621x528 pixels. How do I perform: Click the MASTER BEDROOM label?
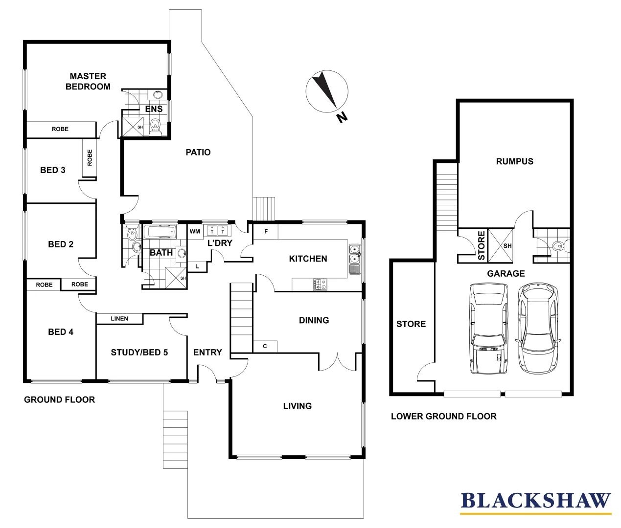click(x=88, y=81)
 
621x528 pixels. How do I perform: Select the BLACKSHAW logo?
click(x=535, y=501)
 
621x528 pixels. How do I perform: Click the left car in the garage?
click(x=488, y=328)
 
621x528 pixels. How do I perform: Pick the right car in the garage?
click(x=538, y=328)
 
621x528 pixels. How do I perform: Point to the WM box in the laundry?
click(x=195, y=231)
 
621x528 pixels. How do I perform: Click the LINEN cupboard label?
click(x=119, y=319)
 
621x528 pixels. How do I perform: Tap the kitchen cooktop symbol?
click(x=320, y=284)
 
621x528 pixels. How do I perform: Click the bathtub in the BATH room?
click(x=159, y=232)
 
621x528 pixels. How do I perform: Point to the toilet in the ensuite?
click(x=156, y=126)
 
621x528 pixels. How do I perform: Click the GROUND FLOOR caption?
click(x=59, y=399)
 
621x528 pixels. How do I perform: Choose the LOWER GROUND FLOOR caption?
click(x=443, y=416)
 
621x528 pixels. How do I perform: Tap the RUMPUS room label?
click(x=514, y=161)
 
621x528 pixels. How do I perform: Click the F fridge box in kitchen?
click(x=266, y=231)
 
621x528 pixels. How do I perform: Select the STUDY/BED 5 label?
click(x=139, y=352)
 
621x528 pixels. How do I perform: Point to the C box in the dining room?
click(x=265, y=346)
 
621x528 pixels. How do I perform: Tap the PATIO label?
click(x=198, y=152)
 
